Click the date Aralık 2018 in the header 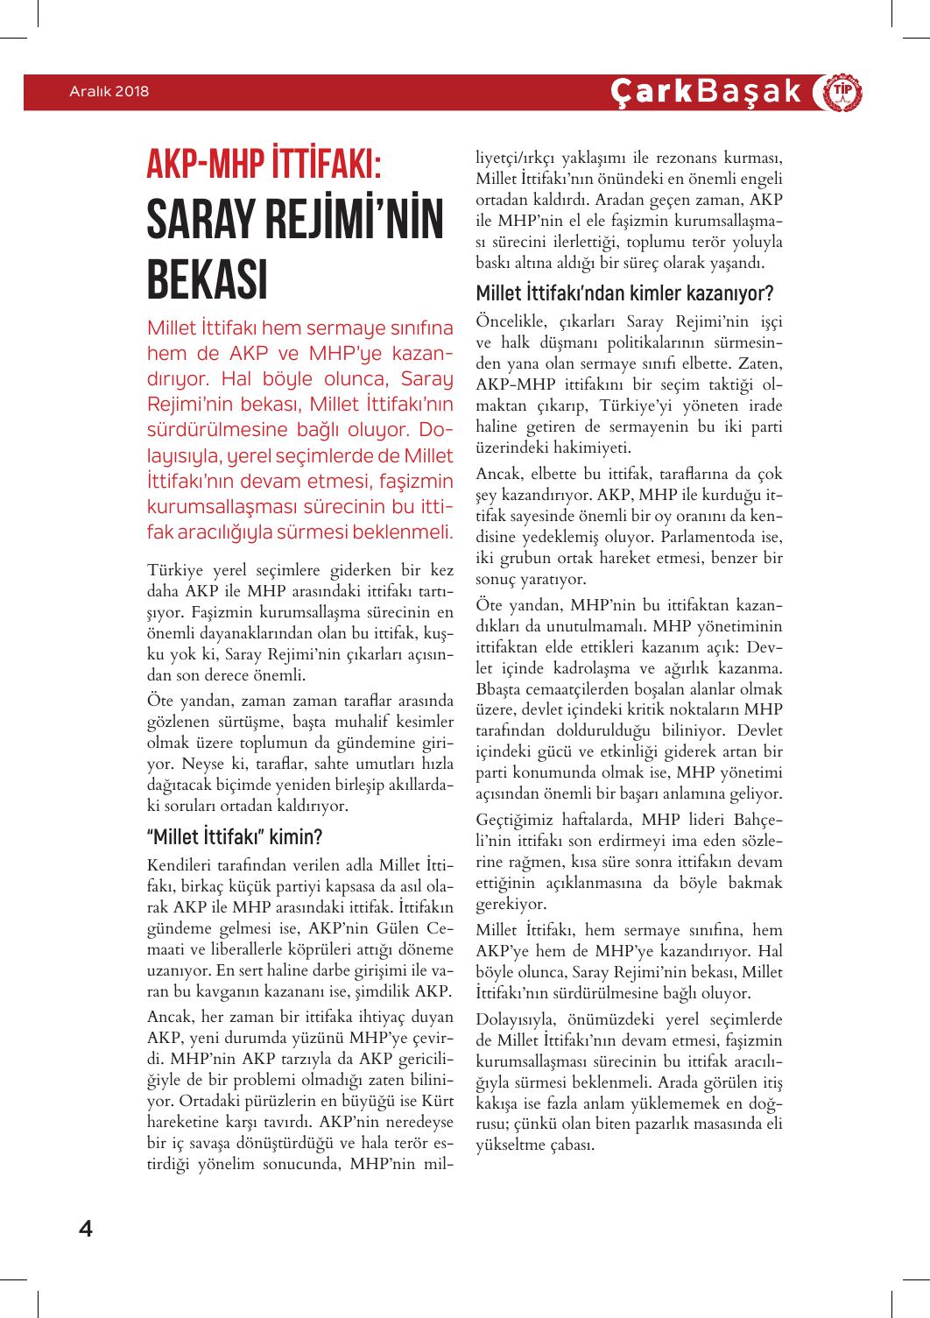[x=109, y=91]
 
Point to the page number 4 [x=86, y=1228]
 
